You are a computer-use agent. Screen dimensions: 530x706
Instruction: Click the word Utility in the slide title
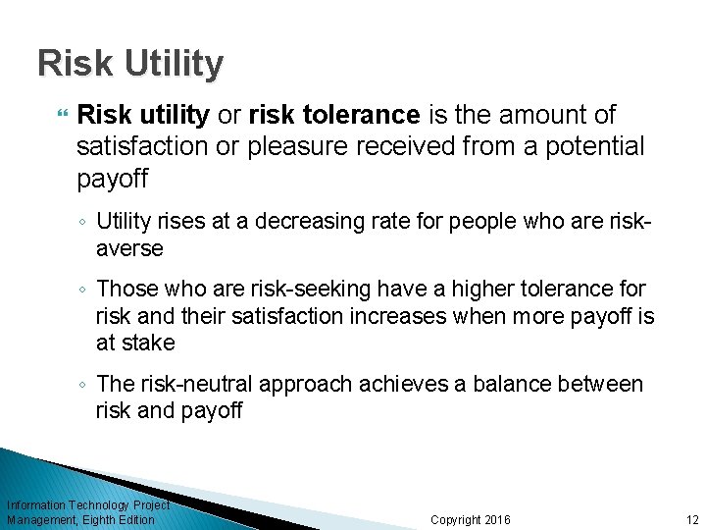point(174,65)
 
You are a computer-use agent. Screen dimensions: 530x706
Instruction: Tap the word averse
point(129,249)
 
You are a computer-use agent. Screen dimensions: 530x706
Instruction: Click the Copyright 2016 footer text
point(471,520)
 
